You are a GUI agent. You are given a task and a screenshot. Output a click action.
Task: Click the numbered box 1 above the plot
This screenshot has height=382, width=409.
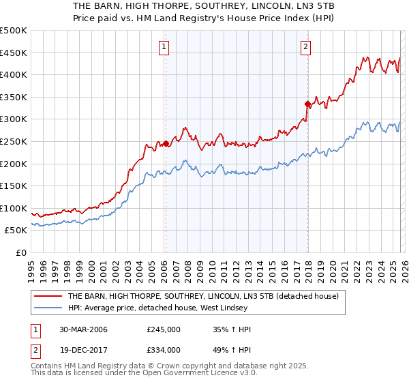165,47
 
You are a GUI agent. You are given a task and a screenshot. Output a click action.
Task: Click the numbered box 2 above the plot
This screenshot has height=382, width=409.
306,47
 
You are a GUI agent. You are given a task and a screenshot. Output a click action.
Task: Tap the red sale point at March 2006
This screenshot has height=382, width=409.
166,143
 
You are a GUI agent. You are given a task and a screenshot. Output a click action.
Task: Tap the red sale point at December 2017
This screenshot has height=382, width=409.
307,104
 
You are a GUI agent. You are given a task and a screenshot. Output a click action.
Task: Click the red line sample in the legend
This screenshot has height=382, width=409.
48,296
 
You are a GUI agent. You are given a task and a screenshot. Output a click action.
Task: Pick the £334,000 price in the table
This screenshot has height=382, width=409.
164,350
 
